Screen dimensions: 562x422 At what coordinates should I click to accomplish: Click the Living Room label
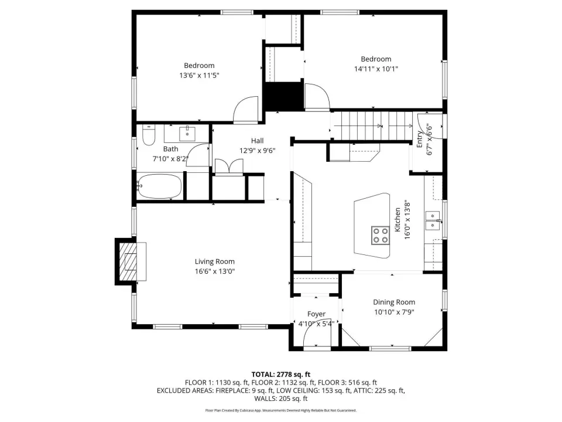pos(215,261)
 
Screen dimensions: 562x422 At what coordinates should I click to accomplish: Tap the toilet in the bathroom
pos(148,135)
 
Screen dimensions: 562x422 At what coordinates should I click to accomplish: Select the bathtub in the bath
pos(159,186)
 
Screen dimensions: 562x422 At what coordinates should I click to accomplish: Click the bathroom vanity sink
pos(187,134)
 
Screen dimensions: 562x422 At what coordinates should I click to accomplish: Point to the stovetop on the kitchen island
pos(381,236)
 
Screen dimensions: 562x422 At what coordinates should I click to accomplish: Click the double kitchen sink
pos(433,220)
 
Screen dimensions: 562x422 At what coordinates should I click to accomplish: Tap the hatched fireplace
pos(128,261)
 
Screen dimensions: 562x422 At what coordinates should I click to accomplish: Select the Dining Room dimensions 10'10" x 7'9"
pos(394,312)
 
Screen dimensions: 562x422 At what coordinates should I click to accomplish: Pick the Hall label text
pos(258,141)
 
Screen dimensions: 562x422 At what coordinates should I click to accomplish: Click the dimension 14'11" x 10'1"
pos(376,69)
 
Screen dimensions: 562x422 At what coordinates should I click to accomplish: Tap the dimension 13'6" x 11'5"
pos(199,76)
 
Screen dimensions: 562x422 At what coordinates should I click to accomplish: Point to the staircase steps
pos(373,125)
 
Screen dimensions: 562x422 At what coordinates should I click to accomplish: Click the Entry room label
pos(419,139)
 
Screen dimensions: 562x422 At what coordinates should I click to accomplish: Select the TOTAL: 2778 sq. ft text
pos(280,375)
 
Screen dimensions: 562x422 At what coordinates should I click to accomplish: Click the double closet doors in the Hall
pos(229,167)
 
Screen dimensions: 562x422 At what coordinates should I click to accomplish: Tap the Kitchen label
pos(397,220)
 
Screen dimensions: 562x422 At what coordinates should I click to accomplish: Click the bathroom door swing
pos(198,154)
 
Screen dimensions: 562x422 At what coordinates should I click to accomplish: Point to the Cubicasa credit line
pos(280,410)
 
